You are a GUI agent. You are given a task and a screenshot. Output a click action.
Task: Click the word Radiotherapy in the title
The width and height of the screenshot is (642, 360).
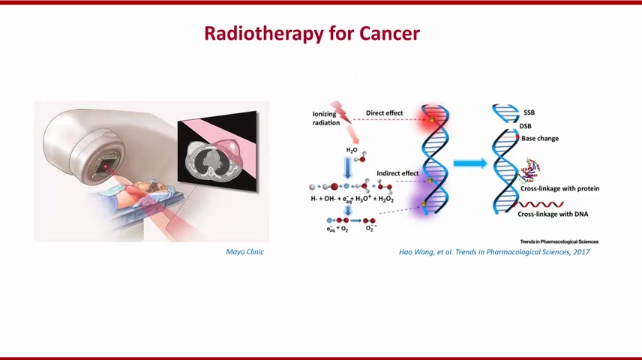coord(265,34)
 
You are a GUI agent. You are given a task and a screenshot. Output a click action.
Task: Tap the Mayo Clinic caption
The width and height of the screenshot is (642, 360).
coord(244,252)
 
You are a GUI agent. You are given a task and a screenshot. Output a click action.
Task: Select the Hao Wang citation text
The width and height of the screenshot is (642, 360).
coord(494,252)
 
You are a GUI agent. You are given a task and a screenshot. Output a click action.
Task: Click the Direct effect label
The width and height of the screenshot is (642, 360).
coord(385,113)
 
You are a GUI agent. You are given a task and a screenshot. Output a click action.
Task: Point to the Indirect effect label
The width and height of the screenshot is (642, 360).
coord(397,173)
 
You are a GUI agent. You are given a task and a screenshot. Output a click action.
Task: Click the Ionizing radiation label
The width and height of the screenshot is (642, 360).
coord(326,118)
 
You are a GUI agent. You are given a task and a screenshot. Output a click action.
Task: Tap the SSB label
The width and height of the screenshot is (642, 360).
coord(529,112)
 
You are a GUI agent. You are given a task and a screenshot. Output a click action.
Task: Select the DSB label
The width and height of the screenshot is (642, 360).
coord(525,126)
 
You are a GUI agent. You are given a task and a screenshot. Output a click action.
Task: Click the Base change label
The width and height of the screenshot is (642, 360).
coord(540,139)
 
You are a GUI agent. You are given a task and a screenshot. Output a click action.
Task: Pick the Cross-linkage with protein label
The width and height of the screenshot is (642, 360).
coord(559,188)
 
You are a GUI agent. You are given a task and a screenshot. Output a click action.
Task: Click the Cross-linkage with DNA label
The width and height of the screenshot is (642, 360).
coord(553,214)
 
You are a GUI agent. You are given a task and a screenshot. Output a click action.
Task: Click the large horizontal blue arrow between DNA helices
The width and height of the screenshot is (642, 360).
coord(470,163)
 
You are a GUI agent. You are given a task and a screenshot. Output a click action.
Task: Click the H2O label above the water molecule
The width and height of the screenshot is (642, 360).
coord(352,150)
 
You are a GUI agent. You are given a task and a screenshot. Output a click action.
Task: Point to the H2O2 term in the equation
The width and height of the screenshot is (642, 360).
coord(385,199)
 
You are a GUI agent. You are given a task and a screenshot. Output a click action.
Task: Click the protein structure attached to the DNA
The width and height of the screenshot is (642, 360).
coord(530,169)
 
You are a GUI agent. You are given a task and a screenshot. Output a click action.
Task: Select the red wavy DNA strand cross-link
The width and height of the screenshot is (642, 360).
coord(538,204)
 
